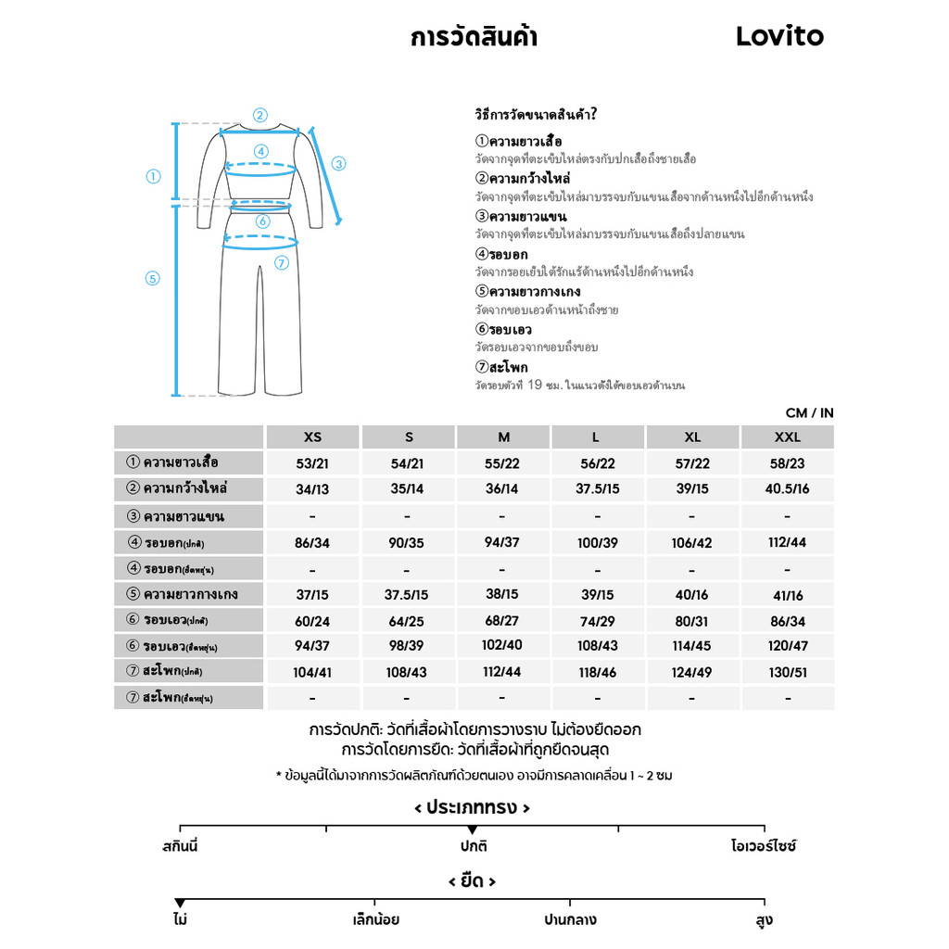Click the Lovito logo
click(779, 36)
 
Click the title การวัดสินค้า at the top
click(474, 37)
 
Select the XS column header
click(313, 437)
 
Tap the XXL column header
click(787, 437)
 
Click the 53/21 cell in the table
click(313, 463)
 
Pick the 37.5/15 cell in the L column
click(597, 489)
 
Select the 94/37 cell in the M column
click(502, 542)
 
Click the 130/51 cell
click(787, 673)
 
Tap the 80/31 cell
click(691, 621)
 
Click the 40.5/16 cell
click(787, 489)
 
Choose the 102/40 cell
click(502, 647)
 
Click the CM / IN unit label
click(809, 413)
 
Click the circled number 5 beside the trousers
click(154, 278)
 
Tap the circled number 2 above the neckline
click(260, 116)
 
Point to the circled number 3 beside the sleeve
click(338, 163)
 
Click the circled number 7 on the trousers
click(282, 262)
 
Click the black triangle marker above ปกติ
click(473, 829)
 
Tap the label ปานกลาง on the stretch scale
click(570, 920)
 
